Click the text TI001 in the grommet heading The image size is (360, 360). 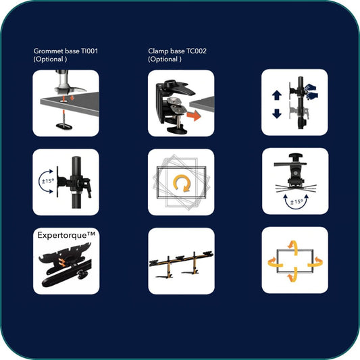pyautogui.click(x=90, y=51)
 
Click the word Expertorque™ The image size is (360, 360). pyautogui.click(x=66, y=235)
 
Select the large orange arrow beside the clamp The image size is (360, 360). pyautogui.click(x=194, y=115)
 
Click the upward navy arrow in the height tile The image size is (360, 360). pyautogui.click(x=277, y=95)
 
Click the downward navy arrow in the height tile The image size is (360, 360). pyautogui.click(x=277, y=113)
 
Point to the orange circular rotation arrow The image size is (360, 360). pyautogui.click(x=182, y=183)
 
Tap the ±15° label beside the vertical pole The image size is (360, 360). pyautogui.click(x=48, y=181)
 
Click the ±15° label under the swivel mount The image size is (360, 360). pyautogui.click(x=297, y=202)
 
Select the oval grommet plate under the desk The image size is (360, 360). pyautogui.click(x=64, y=126)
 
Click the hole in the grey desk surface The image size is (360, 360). pyautogui.click(x=64, y=101)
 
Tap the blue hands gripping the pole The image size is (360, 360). pyautogui.click(x=311, y=92)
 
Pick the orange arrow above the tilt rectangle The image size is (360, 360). pyautogui.click(x=293, y=248)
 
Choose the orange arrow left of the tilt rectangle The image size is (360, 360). pyautogui.click(x=275, y=262)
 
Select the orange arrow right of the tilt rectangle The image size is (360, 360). pyautogui.click(x=315, y=262)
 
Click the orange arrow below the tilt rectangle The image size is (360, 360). pyautogui.click(x=292, y=275)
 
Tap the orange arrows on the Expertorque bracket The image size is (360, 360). pyautogui.click(x=61, y=262)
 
